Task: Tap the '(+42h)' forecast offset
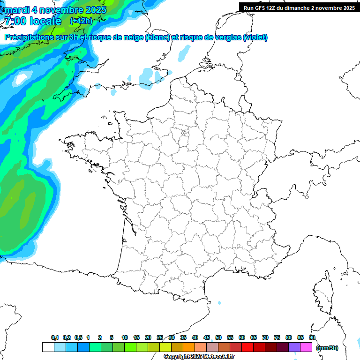click(x=82, y=21)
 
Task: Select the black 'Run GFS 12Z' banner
click(x=299, y=7)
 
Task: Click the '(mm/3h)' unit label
click(x=327, y=348)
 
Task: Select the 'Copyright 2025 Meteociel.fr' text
click(x=199, y=357)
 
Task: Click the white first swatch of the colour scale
click(x=48, y=347)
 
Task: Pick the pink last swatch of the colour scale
click(x=306, y=347)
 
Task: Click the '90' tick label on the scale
click(x=312, y=337)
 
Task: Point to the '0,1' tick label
click(x=54, y=337)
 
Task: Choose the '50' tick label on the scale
click(x=218, y=337)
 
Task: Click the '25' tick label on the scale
click(x=160, y=337)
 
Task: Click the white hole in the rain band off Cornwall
click(x=21, y=78)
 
